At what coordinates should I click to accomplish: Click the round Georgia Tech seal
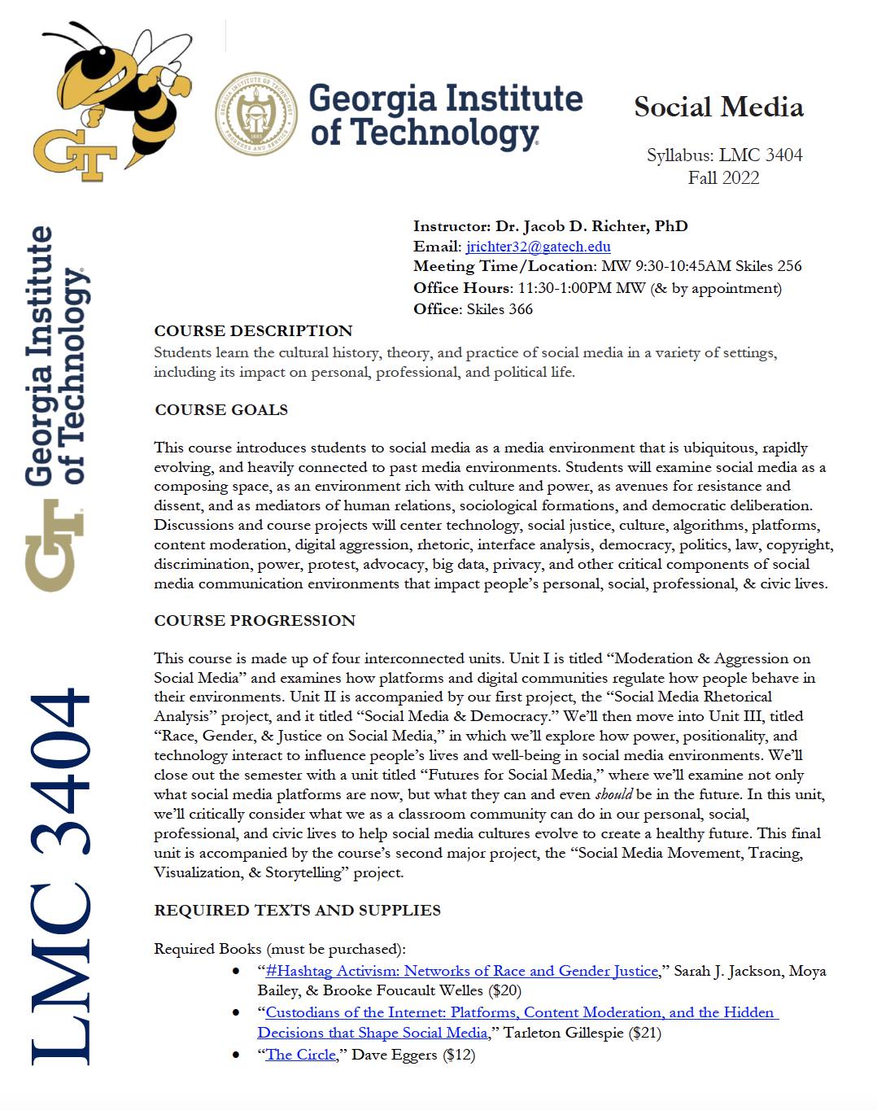(x=255, y=113)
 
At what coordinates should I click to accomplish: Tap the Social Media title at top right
(x=718, y=107)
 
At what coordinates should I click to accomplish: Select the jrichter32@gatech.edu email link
(x=538, y=247)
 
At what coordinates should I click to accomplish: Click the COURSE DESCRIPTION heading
(x=253, y=331)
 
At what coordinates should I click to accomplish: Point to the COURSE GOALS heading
(x=221, y=410)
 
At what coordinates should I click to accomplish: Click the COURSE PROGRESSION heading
(x=255, y=621)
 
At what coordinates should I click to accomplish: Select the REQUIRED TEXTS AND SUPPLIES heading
(x=297, y=911)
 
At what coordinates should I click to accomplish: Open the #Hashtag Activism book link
(x=461, y=971)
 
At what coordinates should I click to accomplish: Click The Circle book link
(x=301, y=1055)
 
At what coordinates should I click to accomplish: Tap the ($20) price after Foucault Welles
(x=504, y=991)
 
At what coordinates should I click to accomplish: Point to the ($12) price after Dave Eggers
(x=459, y=1055)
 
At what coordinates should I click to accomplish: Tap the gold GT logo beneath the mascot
(x=73, y=155)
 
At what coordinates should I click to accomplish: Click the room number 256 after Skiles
(x=788, y=266)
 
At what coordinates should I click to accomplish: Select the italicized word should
(x=613, y=795)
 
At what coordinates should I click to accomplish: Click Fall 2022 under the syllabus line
(x=723, y=178)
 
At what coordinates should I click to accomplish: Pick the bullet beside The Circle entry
(x=236, y=1055)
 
